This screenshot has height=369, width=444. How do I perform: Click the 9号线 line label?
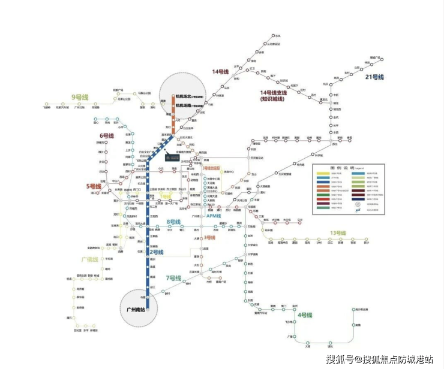[80, 96]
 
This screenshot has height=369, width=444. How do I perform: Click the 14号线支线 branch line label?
[274, 96]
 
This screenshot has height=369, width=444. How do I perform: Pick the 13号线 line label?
[338, 232]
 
